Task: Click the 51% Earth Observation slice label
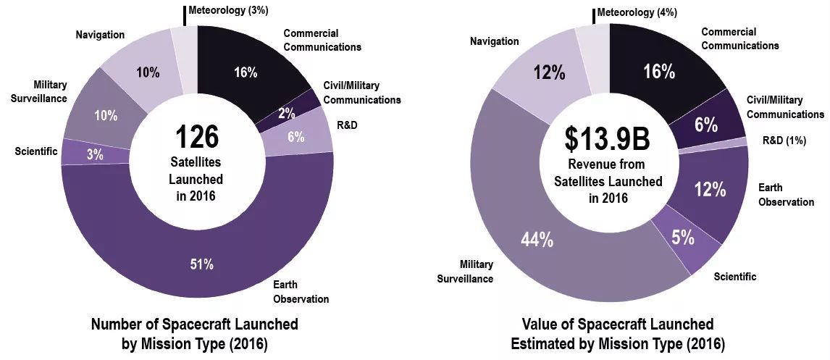[x=202, y=264]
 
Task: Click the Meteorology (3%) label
[x=228, y=11]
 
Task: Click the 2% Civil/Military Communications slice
[x=285, y=113]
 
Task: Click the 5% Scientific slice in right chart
[x=683, y=237]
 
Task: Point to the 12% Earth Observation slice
[x=710, y=189]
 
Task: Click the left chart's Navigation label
[x=100, y=35]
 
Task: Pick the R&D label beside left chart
[x=348, y=125]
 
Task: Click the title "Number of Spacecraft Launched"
[x=195, y=323]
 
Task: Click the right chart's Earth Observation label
[x=786, y=195]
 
